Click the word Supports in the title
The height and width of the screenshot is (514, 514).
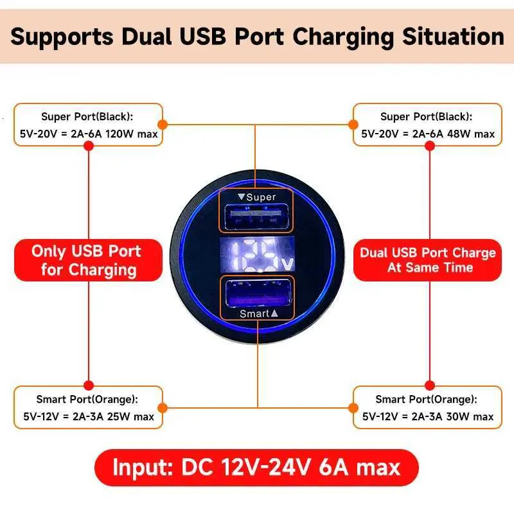[62, 37]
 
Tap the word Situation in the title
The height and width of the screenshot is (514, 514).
[453, 36]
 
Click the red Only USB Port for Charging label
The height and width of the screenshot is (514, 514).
[88, 260]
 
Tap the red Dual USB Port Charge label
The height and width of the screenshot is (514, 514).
[427, 260]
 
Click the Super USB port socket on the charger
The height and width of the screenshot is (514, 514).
[256, 217]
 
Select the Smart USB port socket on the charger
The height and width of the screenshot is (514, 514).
[258, 293]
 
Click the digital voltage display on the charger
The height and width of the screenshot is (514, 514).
[258, 254]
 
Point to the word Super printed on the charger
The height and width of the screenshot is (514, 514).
[261, 197]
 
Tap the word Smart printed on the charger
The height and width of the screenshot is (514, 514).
[254, 314]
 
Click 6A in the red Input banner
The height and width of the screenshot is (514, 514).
[333, 467]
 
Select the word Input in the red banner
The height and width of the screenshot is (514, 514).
[143, 468]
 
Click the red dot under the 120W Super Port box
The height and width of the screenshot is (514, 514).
[89, 146]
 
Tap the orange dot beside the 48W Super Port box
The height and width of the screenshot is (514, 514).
[353, 125]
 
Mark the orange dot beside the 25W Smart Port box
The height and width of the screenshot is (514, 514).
[163, 408]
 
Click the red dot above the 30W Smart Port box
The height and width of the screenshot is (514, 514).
[429, 385]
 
